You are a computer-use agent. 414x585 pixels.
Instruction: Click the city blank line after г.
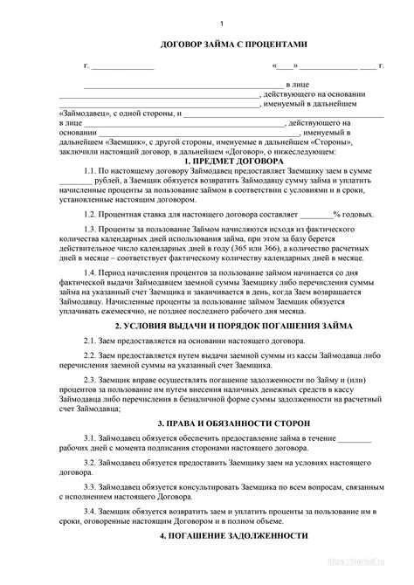[123, 66]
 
